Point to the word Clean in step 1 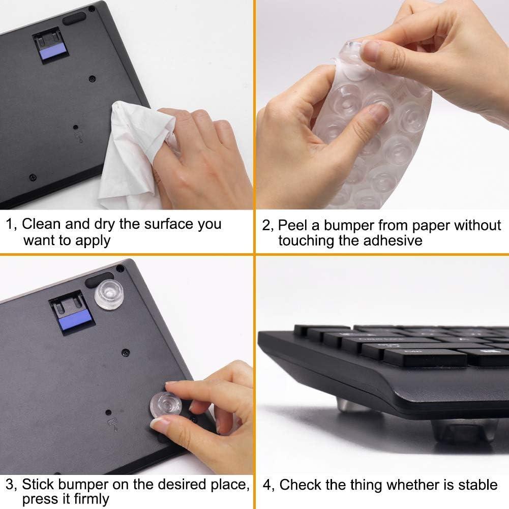42,224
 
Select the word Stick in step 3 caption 39,484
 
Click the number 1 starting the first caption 9,224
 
